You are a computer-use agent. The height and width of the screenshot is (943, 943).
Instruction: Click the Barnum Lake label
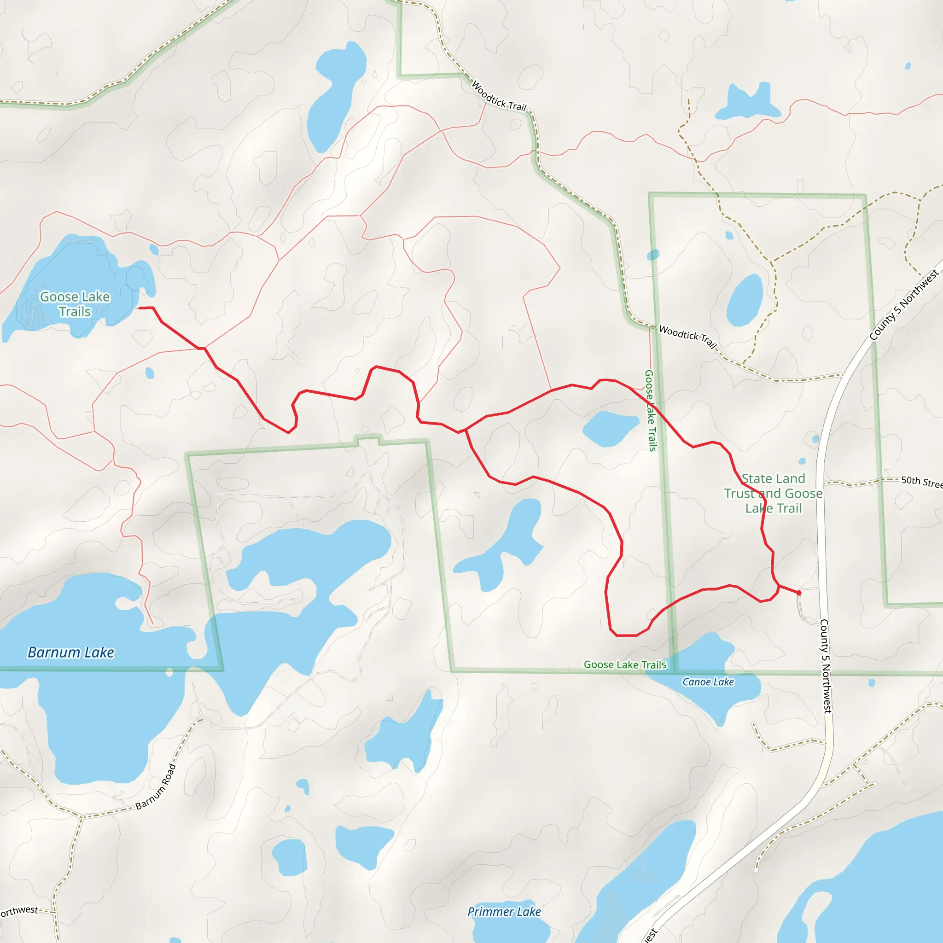pyautogui.click(x=71, y=652)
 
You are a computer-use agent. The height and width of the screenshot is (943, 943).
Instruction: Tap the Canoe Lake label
pyautogui.click(x=708, y=682)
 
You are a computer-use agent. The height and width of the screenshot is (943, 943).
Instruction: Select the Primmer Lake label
pyautogui.click(x=504, y=912)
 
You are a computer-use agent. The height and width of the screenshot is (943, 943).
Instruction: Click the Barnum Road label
pyautogui.click(x=156, y=787)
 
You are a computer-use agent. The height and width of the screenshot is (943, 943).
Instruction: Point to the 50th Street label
pyautogui.click(x=921, y=482)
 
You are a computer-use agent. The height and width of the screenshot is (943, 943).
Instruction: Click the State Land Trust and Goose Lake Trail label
pyautogui.click(x=773, y=494)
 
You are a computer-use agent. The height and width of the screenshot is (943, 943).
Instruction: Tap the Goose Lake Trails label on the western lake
pyautogui.click(x=75, y=304)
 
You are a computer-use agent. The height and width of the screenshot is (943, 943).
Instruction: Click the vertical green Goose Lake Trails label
pyautogui.click(x=651, y=410)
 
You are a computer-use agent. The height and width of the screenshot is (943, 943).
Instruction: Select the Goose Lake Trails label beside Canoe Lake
pyautogui.click(x=625, y=665)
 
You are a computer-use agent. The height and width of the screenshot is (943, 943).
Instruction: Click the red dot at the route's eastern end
pyautogui.click(x=799, y=593)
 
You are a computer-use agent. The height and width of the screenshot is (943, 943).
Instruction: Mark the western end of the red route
pyautogui.click(x=140, y=308)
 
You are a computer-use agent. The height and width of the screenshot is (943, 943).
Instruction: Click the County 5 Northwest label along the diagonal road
pyautogui.click(x=903, y=306)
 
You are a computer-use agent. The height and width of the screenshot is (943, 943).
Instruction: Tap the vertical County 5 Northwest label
pyautogui.click(x=825, y=666)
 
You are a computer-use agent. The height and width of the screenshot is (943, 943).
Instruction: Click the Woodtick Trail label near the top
pyautogui.click(x=499, y=96)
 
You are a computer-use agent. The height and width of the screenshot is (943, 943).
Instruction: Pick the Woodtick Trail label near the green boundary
pyautogui.click(x=688, y=337)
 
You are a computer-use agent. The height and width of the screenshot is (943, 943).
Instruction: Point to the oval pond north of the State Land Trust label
pyautogui.click(x=745, y=300)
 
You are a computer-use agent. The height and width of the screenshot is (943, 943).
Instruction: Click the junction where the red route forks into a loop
pyautogui.click(x=466, y=430)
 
